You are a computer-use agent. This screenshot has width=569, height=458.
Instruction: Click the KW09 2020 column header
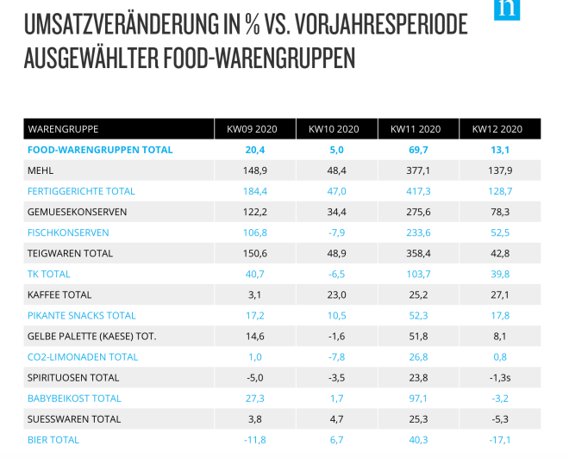[x=251, y=129]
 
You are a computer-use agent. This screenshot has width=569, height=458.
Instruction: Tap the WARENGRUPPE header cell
[x=64, y=129]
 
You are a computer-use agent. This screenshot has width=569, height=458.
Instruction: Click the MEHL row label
[x=41, y=170]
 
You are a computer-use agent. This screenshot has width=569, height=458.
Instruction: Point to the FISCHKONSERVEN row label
[x=68, y=232]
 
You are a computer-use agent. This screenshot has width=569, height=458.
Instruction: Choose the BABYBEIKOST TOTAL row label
[x=75, y=399]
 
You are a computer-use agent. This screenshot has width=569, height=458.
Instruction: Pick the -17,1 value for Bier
[x=497, y=440]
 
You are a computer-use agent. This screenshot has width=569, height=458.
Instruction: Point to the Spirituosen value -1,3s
[x=497, y=378]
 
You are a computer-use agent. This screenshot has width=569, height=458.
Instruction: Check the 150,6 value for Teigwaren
[x=251, y=253]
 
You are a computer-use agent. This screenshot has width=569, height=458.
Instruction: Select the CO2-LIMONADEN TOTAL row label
[x=83, y=357]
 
